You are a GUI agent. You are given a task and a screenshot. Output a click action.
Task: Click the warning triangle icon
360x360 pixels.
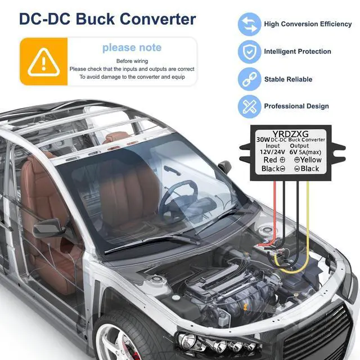pyautogui.click(x=43, y=61)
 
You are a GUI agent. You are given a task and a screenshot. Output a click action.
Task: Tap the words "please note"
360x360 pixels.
pyautogui.click(x=132, y=48)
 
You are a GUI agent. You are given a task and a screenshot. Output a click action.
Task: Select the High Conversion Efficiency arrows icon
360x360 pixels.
pyautogui.click(x=249, y=24)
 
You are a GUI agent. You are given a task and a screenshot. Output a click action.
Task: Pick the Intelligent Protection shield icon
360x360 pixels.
pyautogui.click(x=249, y=52)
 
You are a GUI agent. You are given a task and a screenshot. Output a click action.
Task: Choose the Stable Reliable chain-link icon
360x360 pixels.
pyautogui.click(x=249, y=79)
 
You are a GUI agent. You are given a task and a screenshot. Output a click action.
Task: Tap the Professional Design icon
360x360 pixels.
pyautogui.click(x=249, y=106)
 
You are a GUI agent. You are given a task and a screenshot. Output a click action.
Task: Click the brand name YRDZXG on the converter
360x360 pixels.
pyautogui.click(x=287, y=133)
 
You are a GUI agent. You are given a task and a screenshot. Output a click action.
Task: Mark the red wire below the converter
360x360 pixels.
pyautogui.click(x=274, y=214)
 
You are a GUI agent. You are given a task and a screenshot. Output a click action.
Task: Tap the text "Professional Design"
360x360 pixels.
pyautogui.click(x=296, y=106)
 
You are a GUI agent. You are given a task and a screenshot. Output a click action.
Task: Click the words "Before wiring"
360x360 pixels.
pyautogui.click(x=132, y=61)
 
